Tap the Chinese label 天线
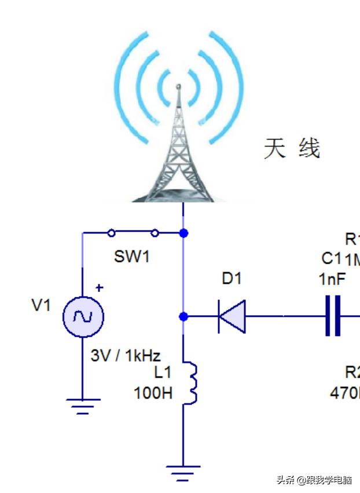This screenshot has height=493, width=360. pos(292,148)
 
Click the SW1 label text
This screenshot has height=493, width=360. pos(132,257)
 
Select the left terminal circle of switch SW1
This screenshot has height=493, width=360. pos(111,233)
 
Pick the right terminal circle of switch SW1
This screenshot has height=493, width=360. pos(155,233)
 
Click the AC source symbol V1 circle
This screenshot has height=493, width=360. pos(82,316)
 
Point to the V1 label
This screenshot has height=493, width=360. pos(41,305)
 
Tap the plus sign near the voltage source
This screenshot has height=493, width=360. pos(99,287)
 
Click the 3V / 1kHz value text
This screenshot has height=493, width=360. pos(126,355)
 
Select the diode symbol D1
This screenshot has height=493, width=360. pos(232,316)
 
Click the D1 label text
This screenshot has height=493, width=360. pos(232,279)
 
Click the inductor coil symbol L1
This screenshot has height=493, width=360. pos(190,382)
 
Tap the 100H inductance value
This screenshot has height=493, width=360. pos(153,393)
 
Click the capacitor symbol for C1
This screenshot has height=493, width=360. pos(333,316)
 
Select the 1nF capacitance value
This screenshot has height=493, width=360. pos(332,279)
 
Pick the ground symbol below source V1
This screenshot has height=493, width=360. pos(82,405)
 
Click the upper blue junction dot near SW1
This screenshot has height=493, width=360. pos(183,233)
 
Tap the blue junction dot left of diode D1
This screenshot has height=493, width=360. pos(183,316)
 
